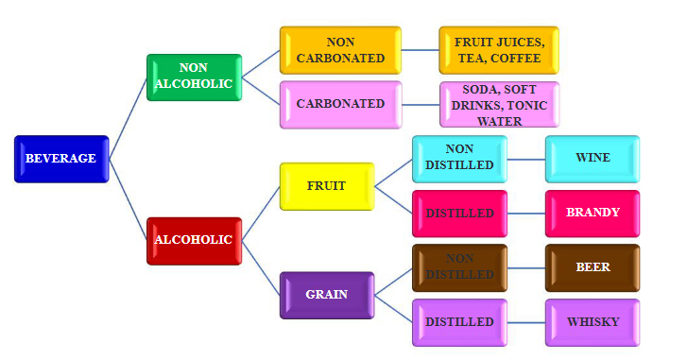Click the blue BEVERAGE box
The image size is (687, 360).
click(x=61, y=159)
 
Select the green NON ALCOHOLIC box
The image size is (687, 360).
click(x=195, y=77)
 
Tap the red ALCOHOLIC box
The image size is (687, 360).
click(x=195, y=240)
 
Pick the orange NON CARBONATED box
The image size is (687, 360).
click(x=340, y=50)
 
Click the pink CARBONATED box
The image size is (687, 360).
click(x=340, y=104)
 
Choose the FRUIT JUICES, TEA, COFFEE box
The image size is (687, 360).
click(x=498, y=50)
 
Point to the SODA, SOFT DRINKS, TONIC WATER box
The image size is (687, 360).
click(x=498, y=105)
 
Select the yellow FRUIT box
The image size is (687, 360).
click(x=327, y=186)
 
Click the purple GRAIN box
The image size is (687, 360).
click(x=327, y=295)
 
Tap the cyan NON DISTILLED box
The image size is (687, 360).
click(x=459, y=159)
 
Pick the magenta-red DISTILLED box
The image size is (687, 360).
click(x=459, y=214)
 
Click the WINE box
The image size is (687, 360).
click(x=593, y=159)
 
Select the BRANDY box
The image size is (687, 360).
click(x=593, y=214)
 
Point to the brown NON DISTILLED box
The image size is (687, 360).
click(x=459, y=267)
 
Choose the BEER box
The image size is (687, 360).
click(x=593, y=267)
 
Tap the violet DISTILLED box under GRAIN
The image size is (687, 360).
click(x=459, y=322)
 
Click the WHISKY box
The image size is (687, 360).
click(x=593, y=322)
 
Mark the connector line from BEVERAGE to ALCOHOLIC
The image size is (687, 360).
click(x=129, y=199)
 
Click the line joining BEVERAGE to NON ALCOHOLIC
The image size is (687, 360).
click(x=129, y=118)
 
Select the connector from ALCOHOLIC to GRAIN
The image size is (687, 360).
click(x=262, y=267)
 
